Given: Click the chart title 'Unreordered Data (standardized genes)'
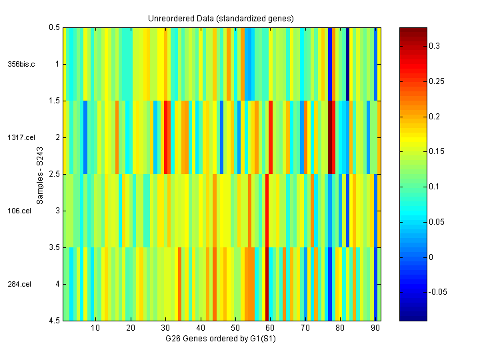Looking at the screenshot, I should click(221, 18).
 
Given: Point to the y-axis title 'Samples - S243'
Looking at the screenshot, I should click(40, 174).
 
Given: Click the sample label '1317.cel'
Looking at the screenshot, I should click(20, 137).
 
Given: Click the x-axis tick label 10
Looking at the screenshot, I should click(95, 328).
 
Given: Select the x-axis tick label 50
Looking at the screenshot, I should click(235, 328).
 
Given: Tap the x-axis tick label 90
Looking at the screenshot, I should click(375, 328).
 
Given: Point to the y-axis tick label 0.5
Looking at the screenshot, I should click(54, 27).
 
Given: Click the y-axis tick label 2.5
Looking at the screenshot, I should click(54, 174).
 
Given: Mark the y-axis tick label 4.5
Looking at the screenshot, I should click(54, 321).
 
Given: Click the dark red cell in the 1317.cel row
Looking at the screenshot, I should click(331, 137).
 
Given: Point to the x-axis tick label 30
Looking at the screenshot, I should click(165, 328).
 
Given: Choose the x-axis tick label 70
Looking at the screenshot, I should click(305, 328).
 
